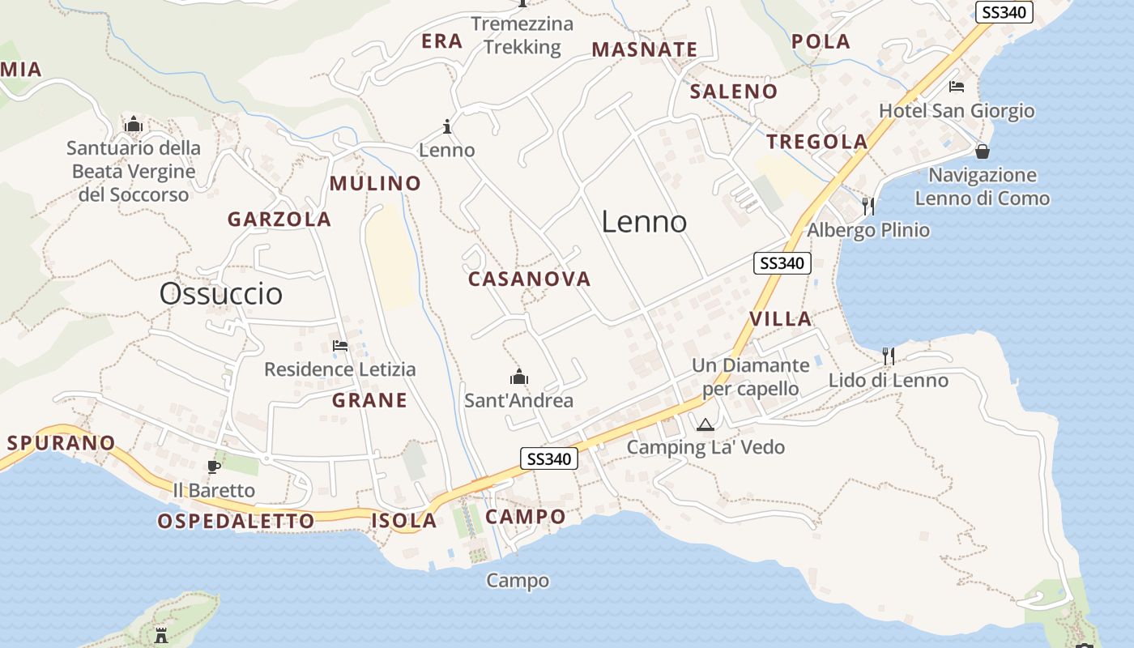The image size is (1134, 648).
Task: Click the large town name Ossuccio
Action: point(221,293)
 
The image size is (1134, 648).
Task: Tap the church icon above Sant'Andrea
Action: point(519,377)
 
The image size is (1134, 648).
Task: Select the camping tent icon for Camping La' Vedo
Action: point(706,424)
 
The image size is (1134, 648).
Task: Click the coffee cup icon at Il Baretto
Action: point(214,467)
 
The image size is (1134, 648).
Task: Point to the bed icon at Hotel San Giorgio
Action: point(957,87)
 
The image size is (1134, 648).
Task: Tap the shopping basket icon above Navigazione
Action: point(983,151)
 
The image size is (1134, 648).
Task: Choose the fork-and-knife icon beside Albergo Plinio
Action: point(868,206)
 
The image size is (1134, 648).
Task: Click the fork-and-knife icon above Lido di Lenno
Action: point(889,356)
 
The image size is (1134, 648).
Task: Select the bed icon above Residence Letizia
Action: point(340,346)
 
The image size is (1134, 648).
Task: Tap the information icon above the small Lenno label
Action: point(447,126)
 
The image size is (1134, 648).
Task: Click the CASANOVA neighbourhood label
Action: point(530,279)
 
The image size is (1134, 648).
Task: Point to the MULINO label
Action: point(375,184)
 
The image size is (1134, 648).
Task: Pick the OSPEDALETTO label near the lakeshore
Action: point(237,521)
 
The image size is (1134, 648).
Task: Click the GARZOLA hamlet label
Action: point(279,220)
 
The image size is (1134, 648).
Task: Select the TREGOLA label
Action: point(817,142)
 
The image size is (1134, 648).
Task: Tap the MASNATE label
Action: point(645,49)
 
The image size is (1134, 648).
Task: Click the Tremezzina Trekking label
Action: point(522,36)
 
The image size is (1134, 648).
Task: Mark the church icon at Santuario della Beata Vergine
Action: point(134,125)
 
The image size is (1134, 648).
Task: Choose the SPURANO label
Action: point(62,443)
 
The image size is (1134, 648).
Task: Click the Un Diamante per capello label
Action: point(750,377)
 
